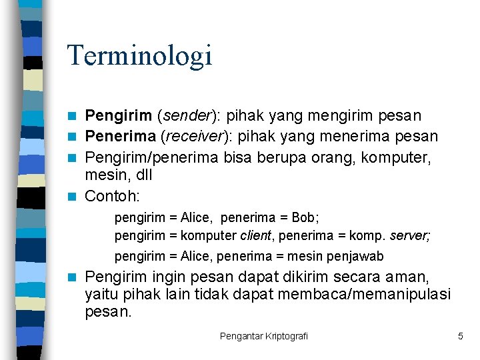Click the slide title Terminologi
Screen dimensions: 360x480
click(139, 55)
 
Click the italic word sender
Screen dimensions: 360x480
click(186, 116)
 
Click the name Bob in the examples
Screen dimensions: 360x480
click(306, 217)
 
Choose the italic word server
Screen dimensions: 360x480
click(410, 235)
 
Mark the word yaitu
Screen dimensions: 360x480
click(101, 294)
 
